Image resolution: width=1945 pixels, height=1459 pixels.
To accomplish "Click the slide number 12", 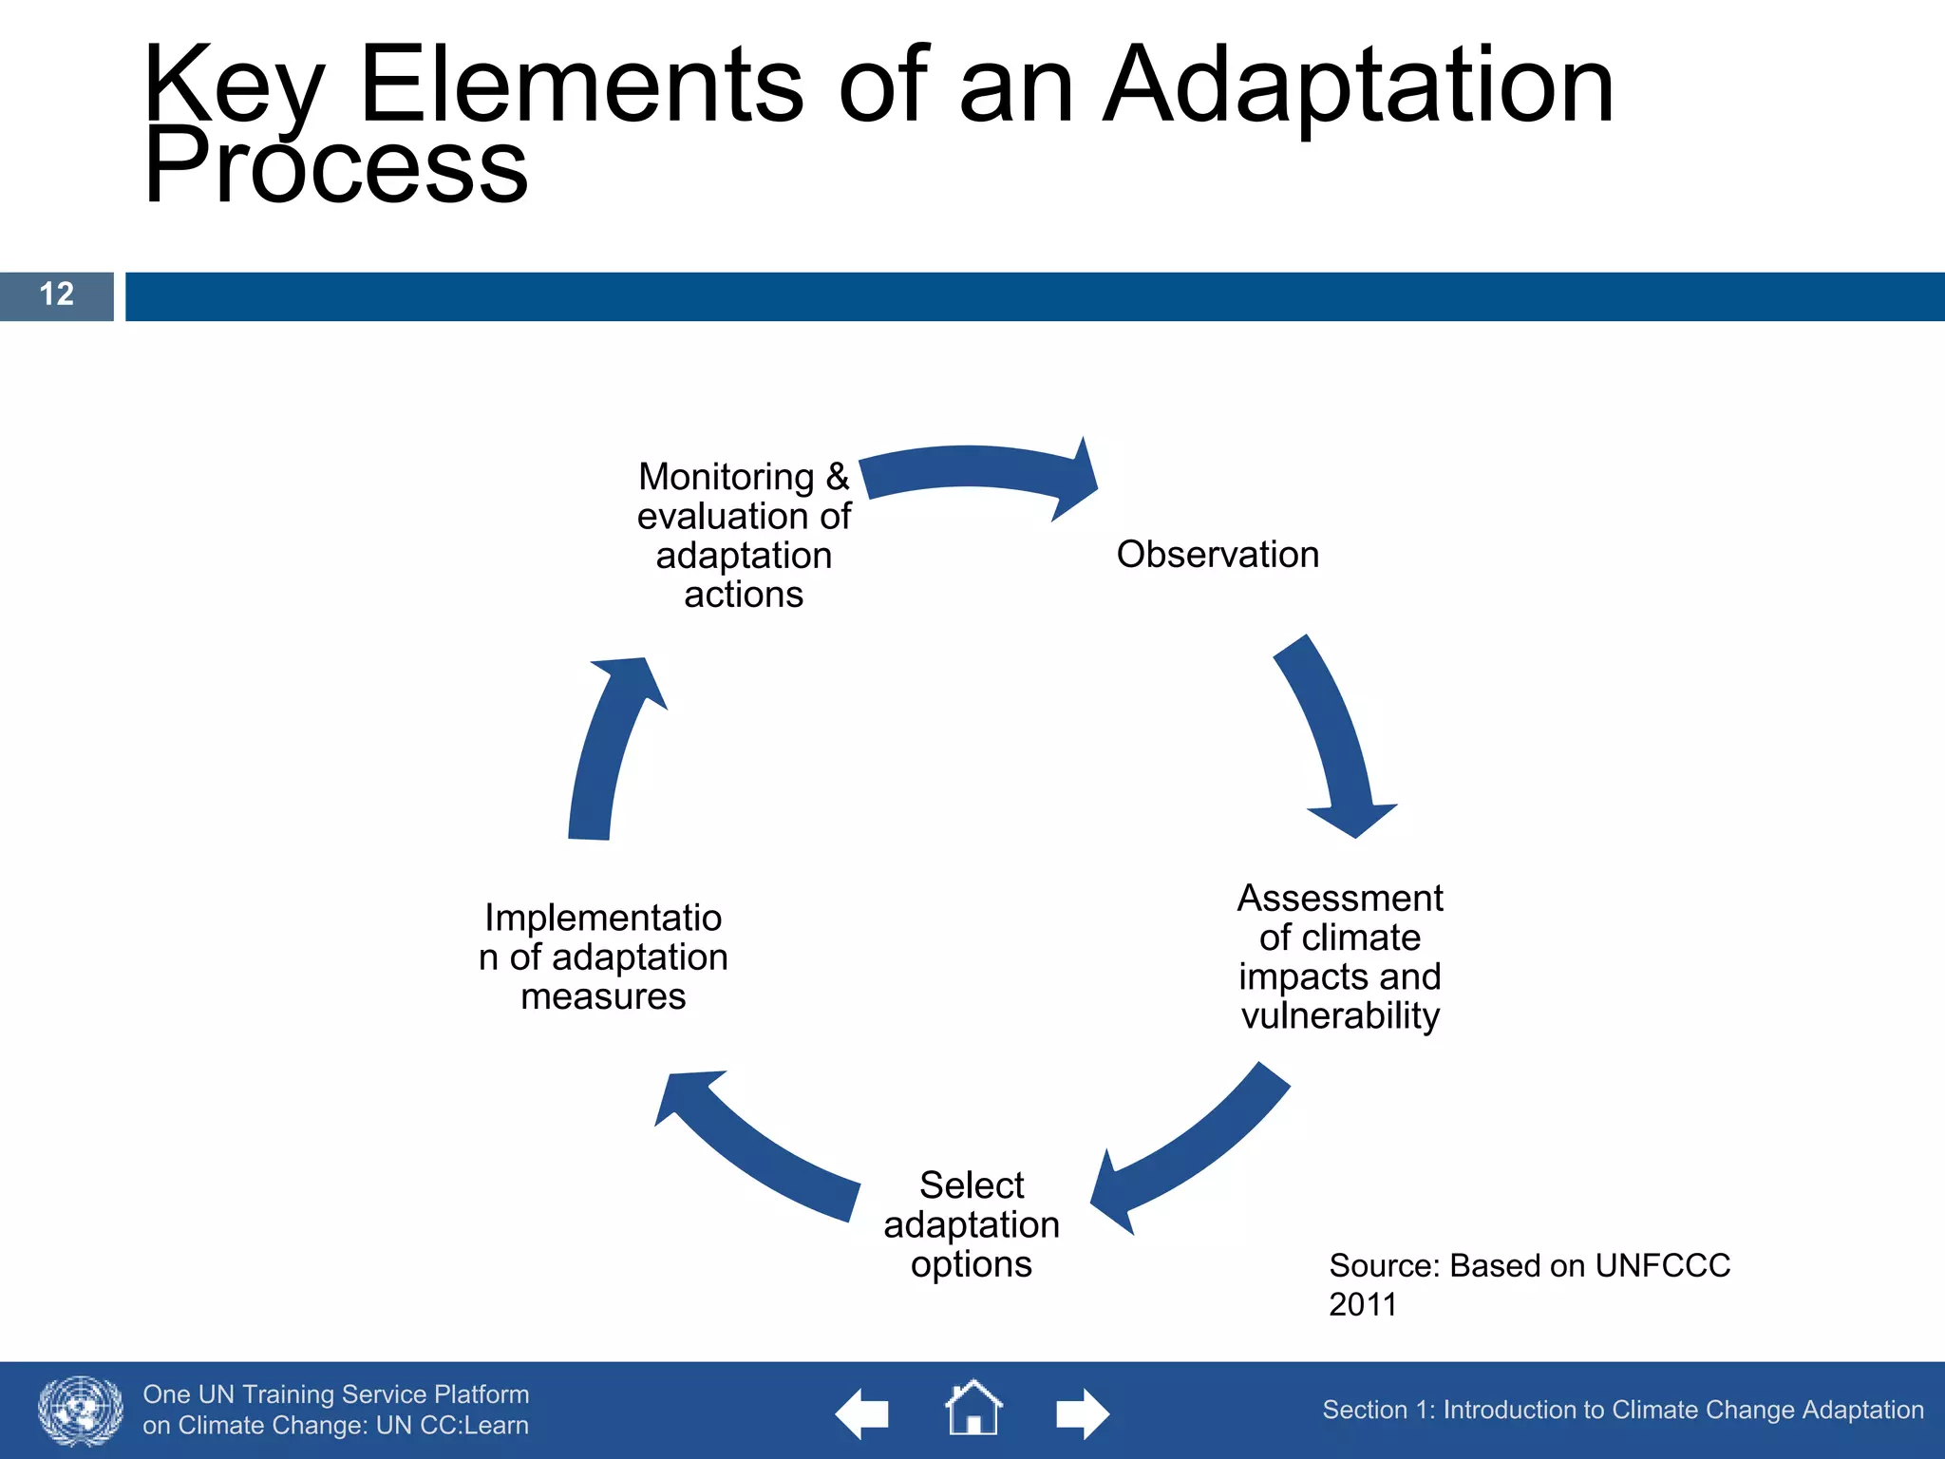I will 57,294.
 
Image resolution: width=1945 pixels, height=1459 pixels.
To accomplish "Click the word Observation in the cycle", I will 1218,555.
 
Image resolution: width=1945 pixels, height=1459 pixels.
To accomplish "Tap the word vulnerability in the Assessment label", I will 1340,1016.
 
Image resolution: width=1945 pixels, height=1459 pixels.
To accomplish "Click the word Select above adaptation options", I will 972,1185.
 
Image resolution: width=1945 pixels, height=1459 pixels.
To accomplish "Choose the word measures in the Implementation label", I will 603,996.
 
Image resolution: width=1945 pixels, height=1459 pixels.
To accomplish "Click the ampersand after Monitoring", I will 837,476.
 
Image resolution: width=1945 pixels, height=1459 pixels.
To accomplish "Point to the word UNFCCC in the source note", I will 1662,1266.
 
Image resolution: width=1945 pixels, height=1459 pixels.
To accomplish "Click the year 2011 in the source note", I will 1363,1305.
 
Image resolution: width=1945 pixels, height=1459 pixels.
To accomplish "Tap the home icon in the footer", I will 973,1409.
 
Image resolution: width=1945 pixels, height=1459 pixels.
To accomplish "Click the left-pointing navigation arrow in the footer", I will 861,1413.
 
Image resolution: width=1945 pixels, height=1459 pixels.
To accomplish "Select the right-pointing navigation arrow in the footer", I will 1083,1413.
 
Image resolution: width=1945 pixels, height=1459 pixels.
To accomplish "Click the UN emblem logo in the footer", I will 81,1411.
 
